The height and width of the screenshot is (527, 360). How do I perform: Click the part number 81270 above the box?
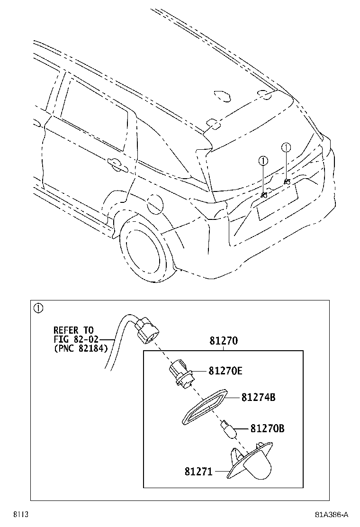coord(223,341)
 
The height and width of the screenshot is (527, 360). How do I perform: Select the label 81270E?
coord(225,371)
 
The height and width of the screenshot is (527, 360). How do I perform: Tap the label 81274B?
coord(258,398)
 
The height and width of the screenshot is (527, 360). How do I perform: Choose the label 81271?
coord(199,472)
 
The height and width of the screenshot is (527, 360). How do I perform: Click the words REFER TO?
coord(73,330)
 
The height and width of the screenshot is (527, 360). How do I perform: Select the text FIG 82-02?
coord(77,339)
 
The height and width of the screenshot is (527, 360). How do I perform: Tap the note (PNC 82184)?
coord(80,349)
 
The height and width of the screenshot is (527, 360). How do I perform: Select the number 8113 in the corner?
coord(20,515)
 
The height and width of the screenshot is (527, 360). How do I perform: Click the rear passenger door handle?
coord(115,163)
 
